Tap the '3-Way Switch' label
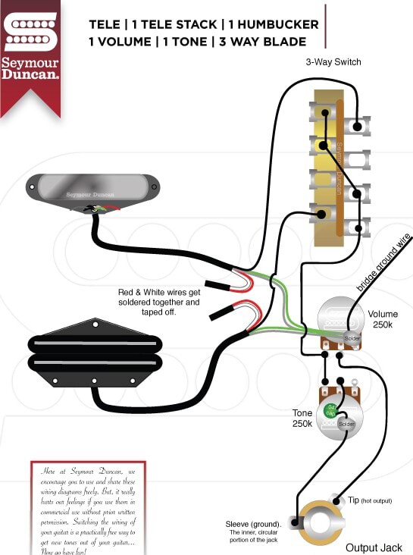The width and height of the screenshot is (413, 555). pyautogui.click(x=333, y=62)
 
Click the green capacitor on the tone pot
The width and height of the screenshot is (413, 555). pyautogui.click(x=330, y=411)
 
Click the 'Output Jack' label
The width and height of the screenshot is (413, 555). pyautogui.click(x=372, y=547)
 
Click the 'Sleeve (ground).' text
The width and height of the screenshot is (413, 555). pyautogui.click(x=253, y=524)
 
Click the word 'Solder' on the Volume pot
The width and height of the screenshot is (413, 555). pyautogui.click(x=353, y=337)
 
